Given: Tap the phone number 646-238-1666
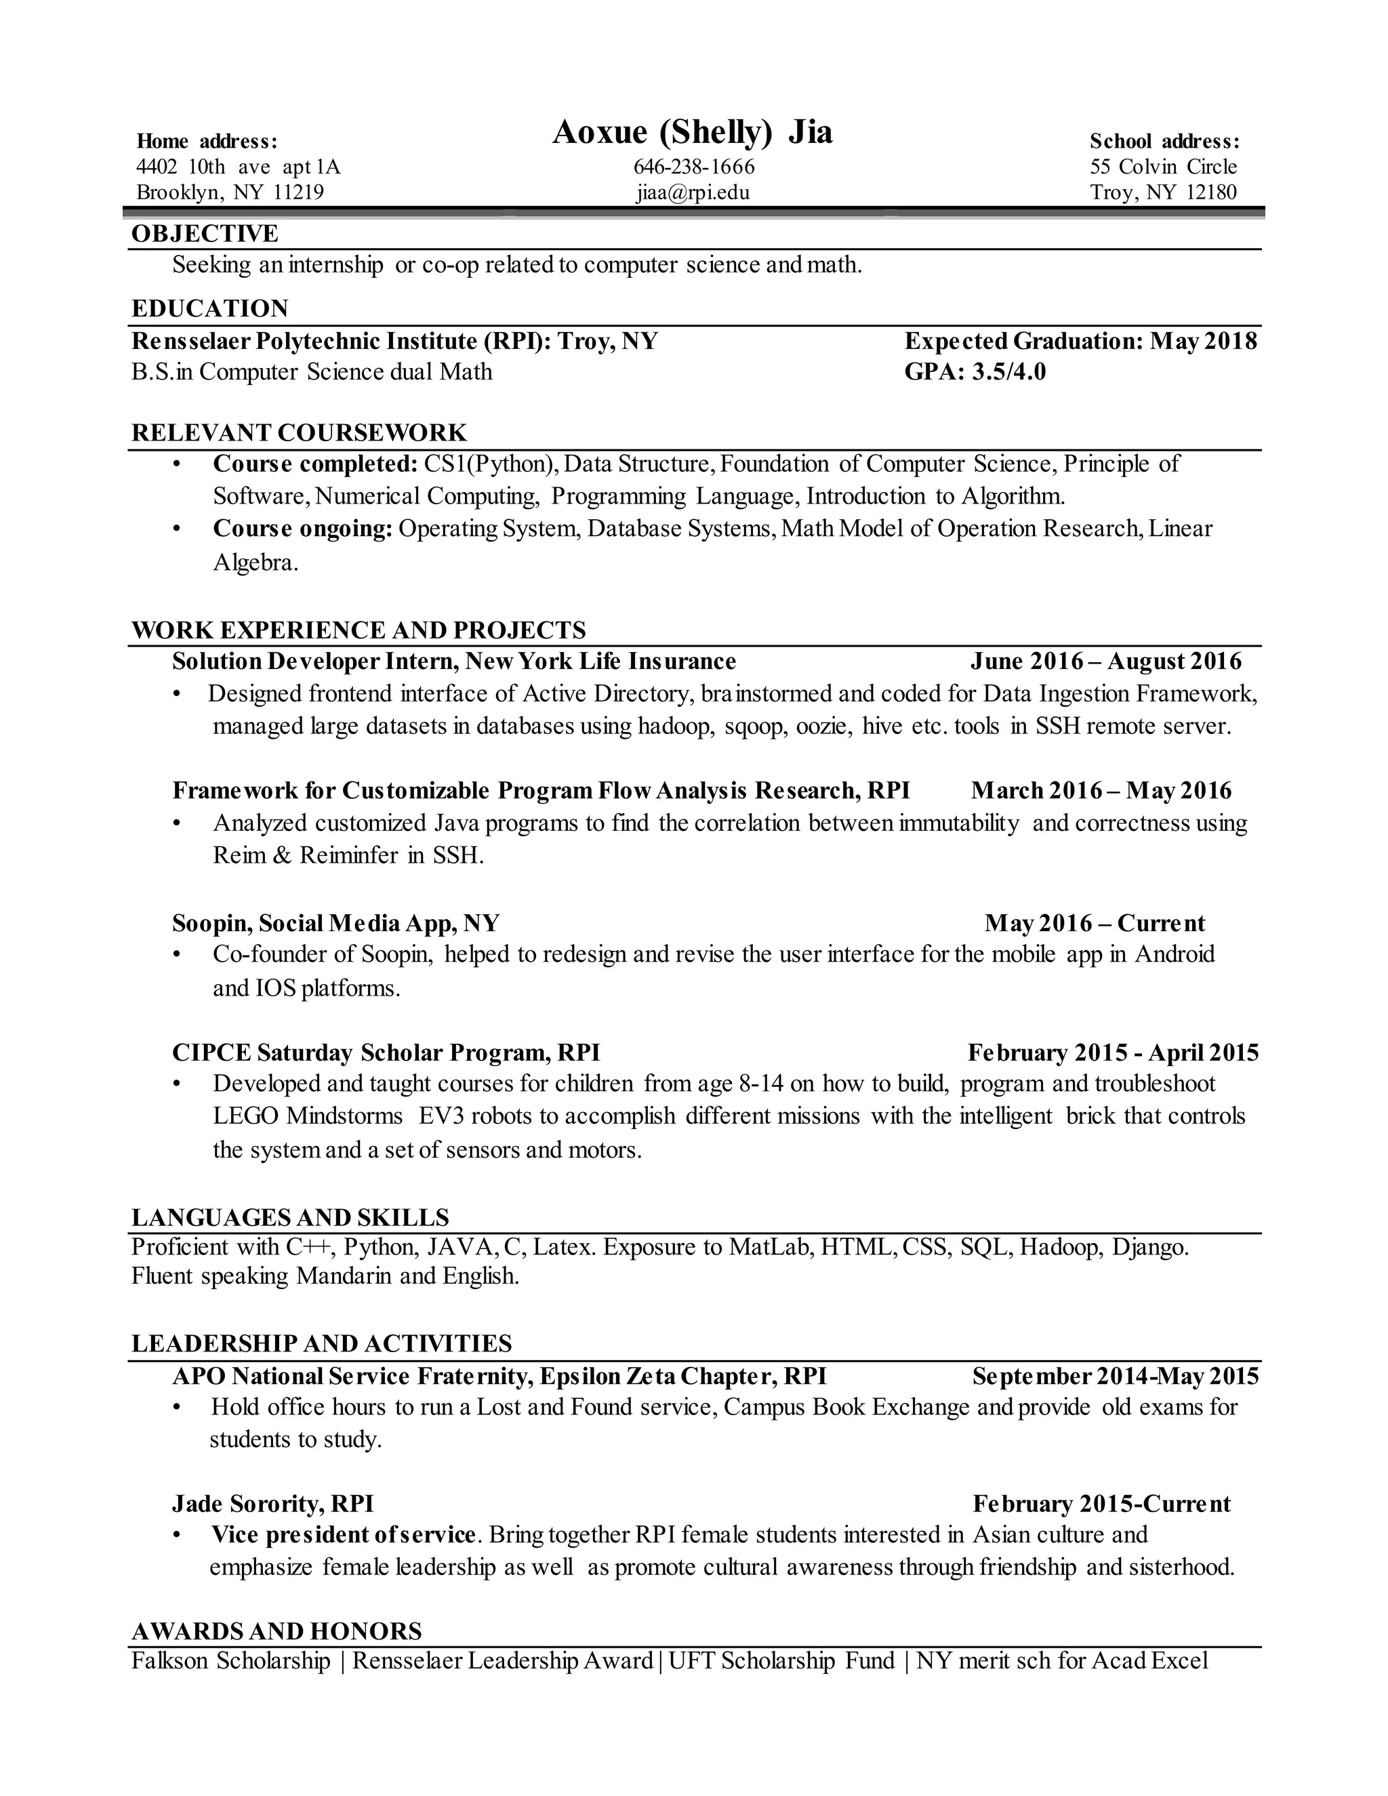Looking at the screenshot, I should coord(693,167).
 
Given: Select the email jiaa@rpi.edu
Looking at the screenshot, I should coord(693,192).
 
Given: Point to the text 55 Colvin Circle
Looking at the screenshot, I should coord(1163,167).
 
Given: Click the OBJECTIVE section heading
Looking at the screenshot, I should coord(205,234).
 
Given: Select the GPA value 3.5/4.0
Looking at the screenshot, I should coord(1009,371).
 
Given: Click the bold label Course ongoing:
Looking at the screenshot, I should coord(302,529).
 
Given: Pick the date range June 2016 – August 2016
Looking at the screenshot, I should coord(1105,661).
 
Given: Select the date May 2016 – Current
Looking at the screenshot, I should coord(1095,922).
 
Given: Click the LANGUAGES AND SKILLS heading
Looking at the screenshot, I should coord(290,1217).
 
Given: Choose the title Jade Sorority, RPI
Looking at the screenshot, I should coord(273,1504).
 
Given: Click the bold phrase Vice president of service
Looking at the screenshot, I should coord(343,1535).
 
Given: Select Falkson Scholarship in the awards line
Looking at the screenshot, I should coord(230,1661).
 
